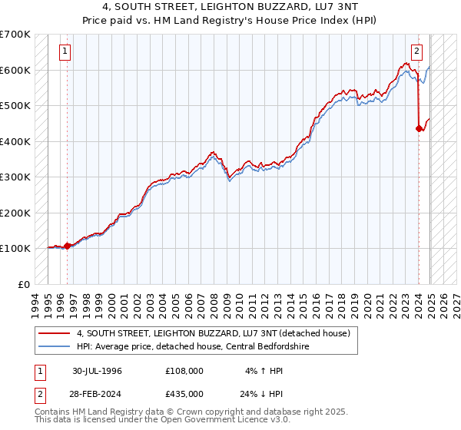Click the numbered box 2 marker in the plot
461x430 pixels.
click(417, 52)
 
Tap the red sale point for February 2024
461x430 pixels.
click(419, 129)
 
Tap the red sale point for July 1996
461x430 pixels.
click(67, 246)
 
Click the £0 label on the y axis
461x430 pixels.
click(25, 284)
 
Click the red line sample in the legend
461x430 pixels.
click(54, 333)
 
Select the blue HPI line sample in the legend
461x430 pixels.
click(54, 346)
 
